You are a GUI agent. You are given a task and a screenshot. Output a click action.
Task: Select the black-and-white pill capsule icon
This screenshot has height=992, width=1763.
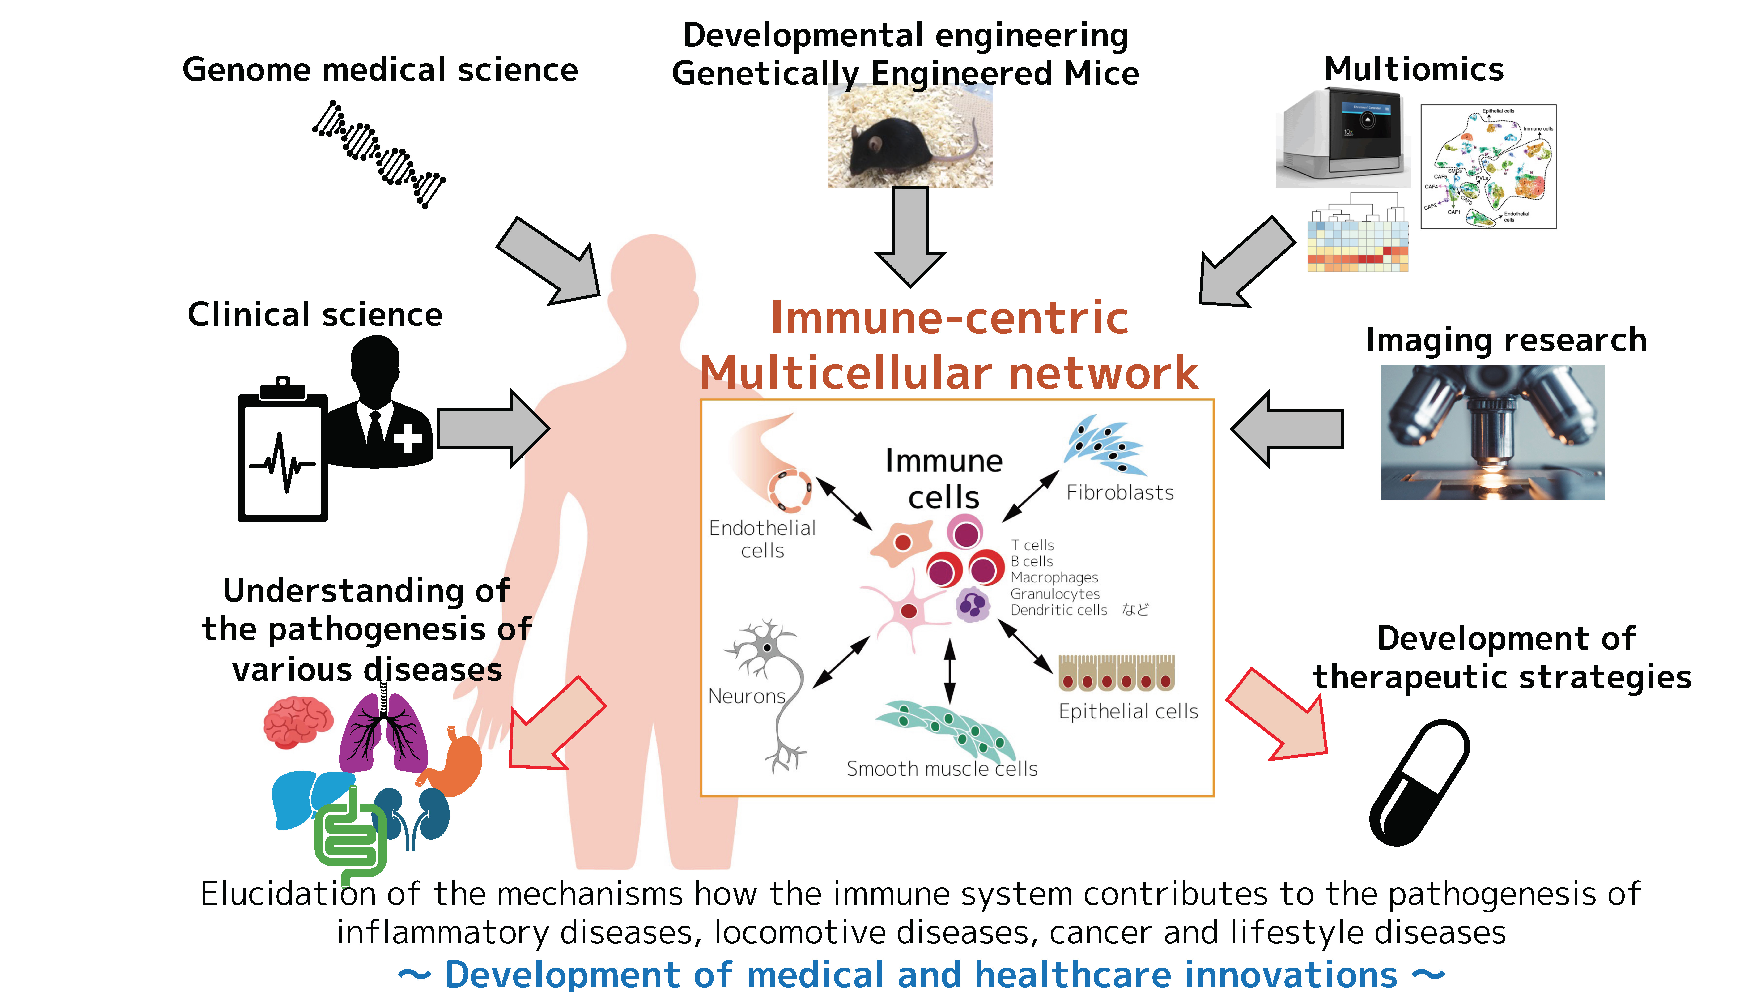coord(1419,782)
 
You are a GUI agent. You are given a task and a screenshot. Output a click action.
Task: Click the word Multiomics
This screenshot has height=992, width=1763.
coord(1414,69)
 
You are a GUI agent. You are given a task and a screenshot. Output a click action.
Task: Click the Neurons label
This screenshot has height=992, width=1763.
coord(747,696)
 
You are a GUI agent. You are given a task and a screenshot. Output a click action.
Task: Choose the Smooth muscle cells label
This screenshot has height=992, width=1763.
coord(942,769)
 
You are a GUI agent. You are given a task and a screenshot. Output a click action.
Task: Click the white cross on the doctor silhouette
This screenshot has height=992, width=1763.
coord(408,438)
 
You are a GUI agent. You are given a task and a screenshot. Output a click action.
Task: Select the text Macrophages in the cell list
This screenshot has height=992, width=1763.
coord(1054,578)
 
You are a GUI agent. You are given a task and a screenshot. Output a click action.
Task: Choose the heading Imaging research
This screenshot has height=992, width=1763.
coord(1506,340)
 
